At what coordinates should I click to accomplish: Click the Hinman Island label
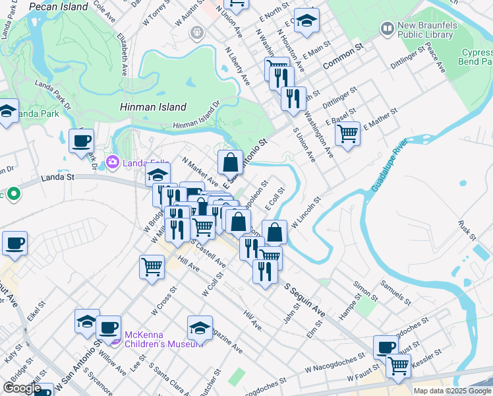tap(154, 107)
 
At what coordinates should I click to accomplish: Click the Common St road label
tap(343, 57)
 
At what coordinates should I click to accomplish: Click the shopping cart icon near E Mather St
tap(347, 133)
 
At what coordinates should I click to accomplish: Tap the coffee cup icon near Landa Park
tap(81, 141)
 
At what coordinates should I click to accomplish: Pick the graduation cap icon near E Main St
tap(306, 20)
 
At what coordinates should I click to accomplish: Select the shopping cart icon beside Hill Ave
tap(152, 267)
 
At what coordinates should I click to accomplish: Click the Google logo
tap(22, 388)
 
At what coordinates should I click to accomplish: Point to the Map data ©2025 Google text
tap(451, 391)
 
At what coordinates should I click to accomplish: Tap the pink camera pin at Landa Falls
tap(113, 161)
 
